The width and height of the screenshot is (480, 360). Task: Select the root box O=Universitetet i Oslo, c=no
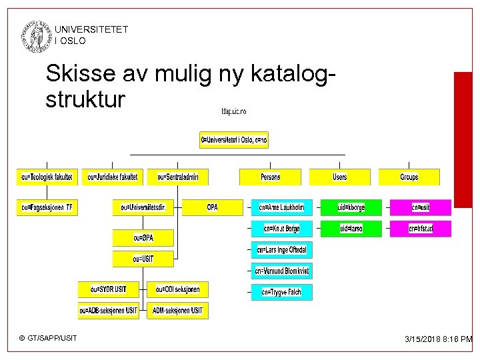(x=233, y=140)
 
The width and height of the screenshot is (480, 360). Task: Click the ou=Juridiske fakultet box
(x=113, y=177)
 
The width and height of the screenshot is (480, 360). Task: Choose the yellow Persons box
(x=270, y=177)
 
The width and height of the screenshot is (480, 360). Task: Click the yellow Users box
(x=339, y=177)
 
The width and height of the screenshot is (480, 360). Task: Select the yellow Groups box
(x=409, y=177)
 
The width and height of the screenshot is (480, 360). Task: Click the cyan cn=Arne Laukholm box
(x=281, y=207)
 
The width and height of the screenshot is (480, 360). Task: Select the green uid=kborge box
(x=351, y=207)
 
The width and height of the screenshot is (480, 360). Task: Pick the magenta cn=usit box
(x=421, y=207)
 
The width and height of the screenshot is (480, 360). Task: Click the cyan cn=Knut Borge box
(x=281, y=229)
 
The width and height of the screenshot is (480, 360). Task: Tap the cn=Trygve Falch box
(x=281, y=291)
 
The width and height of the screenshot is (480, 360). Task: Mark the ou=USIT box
(x=143, y=259)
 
